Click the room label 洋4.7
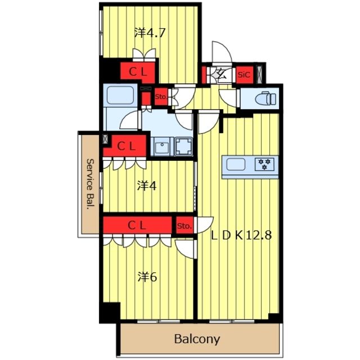[150, 33]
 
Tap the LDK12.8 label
[241, 235]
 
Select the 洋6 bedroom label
[147, 277]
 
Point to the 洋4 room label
[147, 186]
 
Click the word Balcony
[197, 339]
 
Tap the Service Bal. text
[91, 184]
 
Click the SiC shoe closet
[245, 75]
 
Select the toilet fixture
[266, 99]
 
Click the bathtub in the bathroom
[120, 95]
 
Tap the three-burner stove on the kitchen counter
[264, 164]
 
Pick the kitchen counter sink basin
[236, 164]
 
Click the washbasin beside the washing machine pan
[162, 147]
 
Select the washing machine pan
[183, 146]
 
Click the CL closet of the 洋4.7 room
[138, 73]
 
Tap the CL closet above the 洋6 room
[137, 225]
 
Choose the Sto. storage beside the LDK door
[184, 226]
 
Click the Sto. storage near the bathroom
[161, 97]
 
